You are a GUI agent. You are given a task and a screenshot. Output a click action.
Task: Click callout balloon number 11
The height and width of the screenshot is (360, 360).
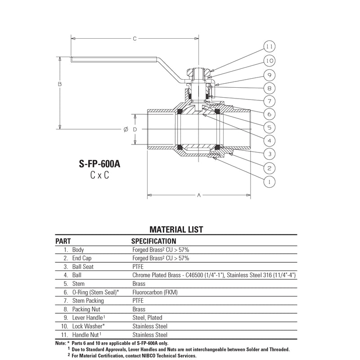pyautogui.click(x=269, y=47)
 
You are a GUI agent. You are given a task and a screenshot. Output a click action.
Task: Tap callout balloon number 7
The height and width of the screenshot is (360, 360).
pyautogui.click(x=269, y=101)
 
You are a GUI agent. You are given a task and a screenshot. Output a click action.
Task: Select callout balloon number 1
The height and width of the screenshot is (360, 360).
pyautogui.click(x=269, y=182)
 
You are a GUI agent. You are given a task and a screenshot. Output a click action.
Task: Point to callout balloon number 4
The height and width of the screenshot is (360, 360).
pyautogui.click(x=269, y=140)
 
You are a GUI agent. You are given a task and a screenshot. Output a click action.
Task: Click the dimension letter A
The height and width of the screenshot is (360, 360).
pyautogui.click(x=199, y=195)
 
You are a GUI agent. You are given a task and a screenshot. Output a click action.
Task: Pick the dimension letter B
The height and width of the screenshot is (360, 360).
pyautogui.click(x=60, y=84)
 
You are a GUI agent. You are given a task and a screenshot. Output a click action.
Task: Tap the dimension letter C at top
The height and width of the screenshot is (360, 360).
pyautogui.click(x=135, y=39)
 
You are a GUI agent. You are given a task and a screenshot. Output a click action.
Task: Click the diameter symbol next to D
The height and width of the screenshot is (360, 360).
pyautogui.click(x=126, y=130)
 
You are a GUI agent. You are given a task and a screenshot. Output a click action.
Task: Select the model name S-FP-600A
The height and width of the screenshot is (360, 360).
pyautogui.click(x=99, y=164)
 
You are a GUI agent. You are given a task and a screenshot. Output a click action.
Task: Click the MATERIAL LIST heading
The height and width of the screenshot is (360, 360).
pyautogui.click(x=176, y=229)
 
